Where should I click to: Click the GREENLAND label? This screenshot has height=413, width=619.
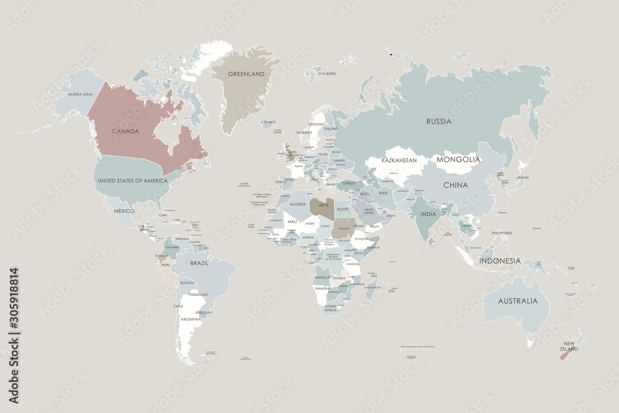coord(246,74)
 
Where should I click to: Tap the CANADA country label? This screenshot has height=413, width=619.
coord(125,131)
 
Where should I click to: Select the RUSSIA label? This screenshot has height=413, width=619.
coord(439,121)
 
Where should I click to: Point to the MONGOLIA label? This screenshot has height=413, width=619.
coord(458,159)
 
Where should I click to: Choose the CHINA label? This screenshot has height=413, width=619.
coord(455,185)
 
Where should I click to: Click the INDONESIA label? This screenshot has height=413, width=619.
coord(500,261)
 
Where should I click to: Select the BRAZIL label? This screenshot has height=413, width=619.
coord(199,263)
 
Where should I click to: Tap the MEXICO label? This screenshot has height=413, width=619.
coord(124,211)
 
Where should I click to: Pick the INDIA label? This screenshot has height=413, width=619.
coord(428,214)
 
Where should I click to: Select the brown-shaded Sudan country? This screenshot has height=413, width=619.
coord(344,227)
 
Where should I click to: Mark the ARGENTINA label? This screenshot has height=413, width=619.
coord(191,320)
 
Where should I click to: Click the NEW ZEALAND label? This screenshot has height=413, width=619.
coord(569,346)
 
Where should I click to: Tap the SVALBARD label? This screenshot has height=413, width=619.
coord(326,74)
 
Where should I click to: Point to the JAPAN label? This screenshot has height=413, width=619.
coord(522,178)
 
